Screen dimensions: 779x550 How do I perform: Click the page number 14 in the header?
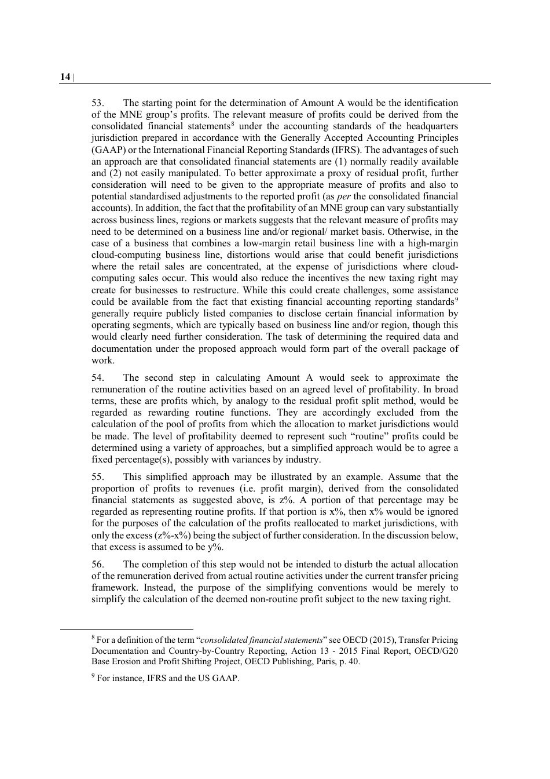tap(64, 77)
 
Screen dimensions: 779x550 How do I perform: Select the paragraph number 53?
tap(97, 103)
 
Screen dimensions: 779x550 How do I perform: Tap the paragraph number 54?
tap(97, 378)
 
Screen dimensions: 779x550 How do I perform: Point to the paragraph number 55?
tap(97, 477)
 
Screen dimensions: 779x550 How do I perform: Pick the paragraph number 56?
tap(97, 565)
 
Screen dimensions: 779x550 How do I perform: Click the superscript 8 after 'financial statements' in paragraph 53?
tap(232, 124)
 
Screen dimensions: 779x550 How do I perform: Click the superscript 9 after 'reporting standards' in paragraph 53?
tap(456, 300)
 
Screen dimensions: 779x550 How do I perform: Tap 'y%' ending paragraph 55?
tap(215, 547)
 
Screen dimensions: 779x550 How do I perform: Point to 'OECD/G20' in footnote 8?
tap(439, 651)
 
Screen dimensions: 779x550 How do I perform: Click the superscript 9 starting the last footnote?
tap(93, 676)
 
